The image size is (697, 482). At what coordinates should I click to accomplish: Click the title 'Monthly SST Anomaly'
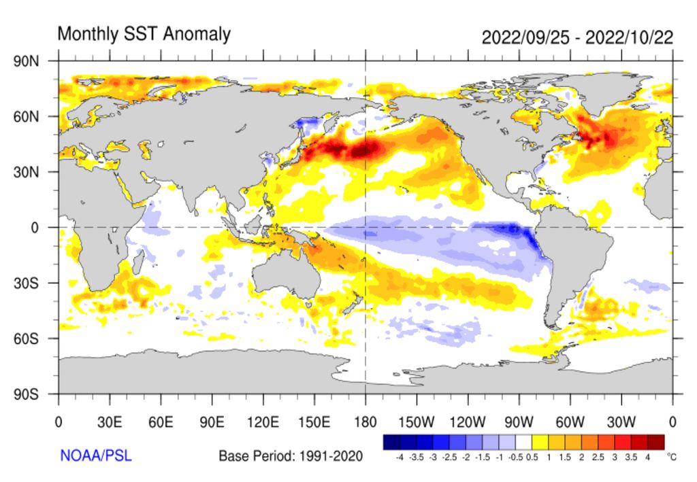[x=144, y=34]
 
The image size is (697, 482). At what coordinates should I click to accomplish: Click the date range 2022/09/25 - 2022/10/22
[x=577, y=37]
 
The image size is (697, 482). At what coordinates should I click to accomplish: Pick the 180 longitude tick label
[x=366, y=421]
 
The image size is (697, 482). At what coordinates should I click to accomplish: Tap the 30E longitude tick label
[x=109, y=421]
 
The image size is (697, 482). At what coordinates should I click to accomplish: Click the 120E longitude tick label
[x=263, y=421]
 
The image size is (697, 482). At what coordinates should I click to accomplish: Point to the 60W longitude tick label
[x=570, y=421]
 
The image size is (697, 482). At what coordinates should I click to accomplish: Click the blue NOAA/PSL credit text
[x=96, y=455]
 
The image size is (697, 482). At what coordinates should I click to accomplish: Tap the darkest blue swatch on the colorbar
[x=391, y=443]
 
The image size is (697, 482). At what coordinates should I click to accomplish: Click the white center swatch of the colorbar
[x=523, y=443]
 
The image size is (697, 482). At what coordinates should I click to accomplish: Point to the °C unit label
[x=672, y=458]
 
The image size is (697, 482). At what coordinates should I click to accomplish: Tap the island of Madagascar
[x=138, y=262]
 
